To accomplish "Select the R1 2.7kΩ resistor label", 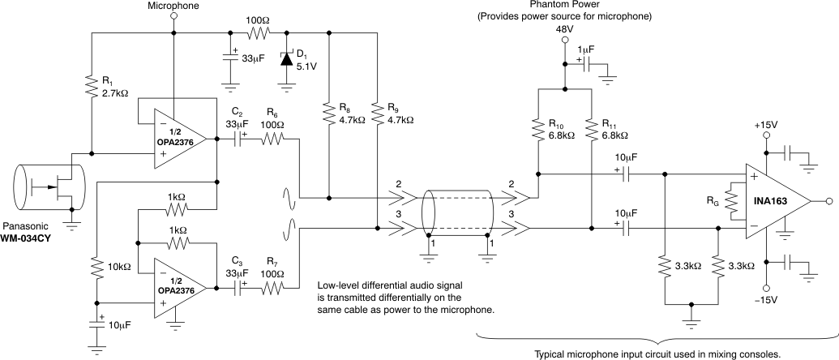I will [x=113, y=88].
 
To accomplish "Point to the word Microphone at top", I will [x=173, y=6].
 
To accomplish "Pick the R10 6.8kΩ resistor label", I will [x=563, y=130].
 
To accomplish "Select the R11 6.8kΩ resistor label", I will [x=619, y=130].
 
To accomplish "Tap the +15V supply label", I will [x=765, y=126].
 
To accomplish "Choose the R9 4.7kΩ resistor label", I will [x=397, y=113].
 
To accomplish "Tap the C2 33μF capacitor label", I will [x=238, y=119].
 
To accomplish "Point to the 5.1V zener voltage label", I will [x=306, y=68].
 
